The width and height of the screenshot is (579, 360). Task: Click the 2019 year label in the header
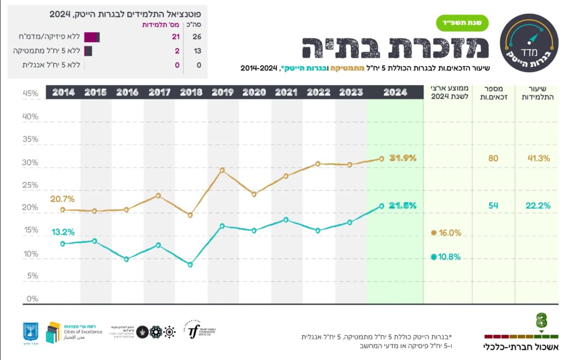pyautogui.click(x=223, y=92)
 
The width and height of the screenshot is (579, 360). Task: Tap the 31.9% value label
pyautogui.click(x=403, y=158)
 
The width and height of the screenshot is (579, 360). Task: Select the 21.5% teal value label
pyautogui.click(x=403, y=205)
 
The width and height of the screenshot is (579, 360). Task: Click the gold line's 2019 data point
pyautogui.click(x=222, y=170)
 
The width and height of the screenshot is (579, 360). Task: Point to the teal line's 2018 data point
pyautogui.click(x=190, y=265)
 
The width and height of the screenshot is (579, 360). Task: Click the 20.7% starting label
pyautogui.click(x=62, y=199)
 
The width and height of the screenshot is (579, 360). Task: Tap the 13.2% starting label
pyautogui.click(x=63, y=232)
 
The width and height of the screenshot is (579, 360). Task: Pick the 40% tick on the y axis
pyautogui.click(x=30, y=116)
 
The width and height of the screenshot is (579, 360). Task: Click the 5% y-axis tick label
pyautogui.click(x=32, y=276)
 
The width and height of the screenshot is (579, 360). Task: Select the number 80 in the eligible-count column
pyautogui.click(x=493, y=158)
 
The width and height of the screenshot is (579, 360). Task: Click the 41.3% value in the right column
pyautogui.click(x=538, y=158)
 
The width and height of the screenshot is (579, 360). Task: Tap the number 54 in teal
pyautogui.click(x=493, y=205)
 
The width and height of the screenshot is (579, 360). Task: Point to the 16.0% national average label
pyautogui.click(x=449, y=233)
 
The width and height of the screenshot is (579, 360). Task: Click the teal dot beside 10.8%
pyautogui.click(x=434, y=257)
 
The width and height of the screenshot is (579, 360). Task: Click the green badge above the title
pyautogui.click(x=462, y=23)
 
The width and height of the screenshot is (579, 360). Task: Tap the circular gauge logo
pyautogui.click(x=529, y=43)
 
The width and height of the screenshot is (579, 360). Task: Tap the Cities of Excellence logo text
pyautogui.click(x=83, y=332)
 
